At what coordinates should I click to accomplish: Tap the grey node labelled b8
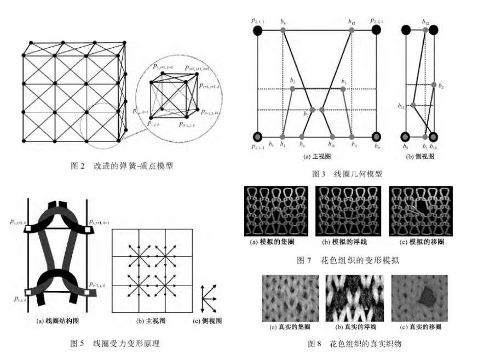coord(283,31)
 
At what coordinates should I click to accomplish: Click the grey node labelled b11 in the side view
coord(413,105)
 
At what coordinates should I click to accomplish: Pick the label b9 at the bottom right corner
coord(376,146)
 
